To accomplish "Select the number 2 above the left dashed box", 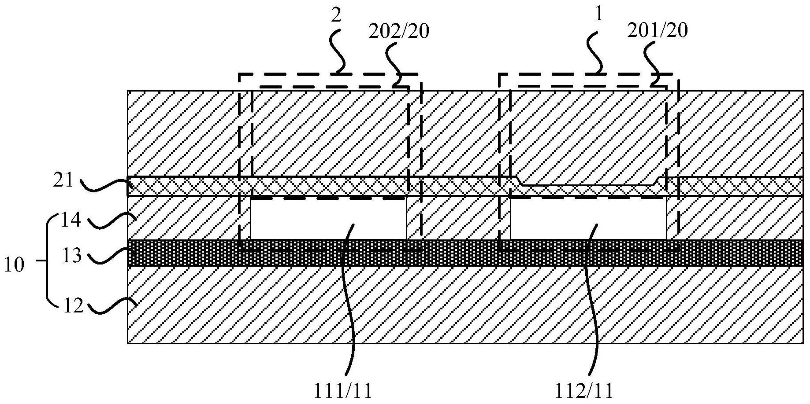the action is pyautogui.click(x=336, y=16).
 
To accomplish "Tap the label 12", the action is pyautogui.click(x=71, y=305).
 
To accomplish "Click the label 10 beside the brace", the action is pyautogui.click(x=14, y=265).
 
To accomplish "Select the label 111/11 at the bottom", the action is pyautogui.click(x=343, y=390).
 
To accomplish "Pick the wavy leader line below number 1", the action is pyautogui.click(x=599, y=48).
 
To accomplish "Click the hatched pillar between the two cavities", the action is pyautogui.click(x=458, y=218).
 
